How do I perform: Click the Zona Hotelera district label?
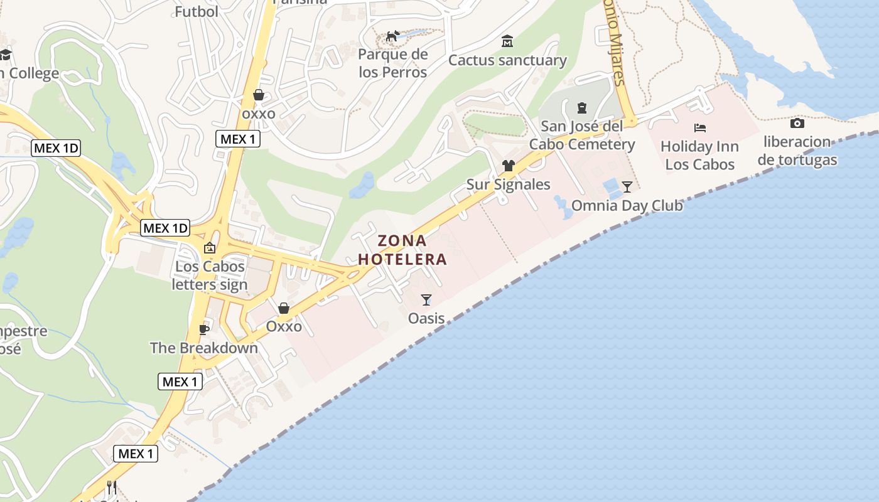(x=402, y=250)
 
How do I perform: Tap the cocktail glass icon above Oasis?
(x=426, y=300)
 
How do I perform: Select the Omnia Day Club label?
(x=627, y=206)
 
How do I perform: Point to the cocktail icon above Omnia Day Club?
(x=627, y=186)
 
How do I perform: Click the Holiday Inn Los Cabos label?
(x=700, y=156)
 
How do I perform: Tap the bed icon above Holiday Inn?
(x=700, y=128)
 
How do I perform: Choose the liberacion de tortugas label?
(x=797, y=151)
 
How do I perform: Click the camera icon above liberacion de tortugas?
(x=797, y=123)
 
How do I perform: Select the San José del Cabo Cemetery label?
(x=582, y=136)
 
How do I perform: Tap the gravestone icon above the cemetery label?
(x=582, y=108)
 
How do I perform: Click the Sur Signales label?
(x=508, y=184)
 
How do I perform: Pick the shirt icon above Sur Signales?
(x=508, y=166)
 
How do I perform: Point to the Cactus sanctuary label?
(x=507, y=60)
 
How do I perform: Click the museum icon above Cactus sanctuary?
(x=507, y=41)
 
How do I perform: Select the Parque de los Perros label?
(x=393, y=63)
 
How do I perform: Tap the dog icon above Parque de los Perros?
(x=393, y=36)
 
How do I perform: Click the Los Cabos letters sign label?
(x=210, y=275)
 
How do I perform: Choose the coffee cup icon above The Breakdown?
(x=203, y=329)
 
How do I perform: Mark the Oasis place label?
(x=426, y=319)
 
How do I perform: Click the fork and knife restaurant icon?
(x=112, y=487)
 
